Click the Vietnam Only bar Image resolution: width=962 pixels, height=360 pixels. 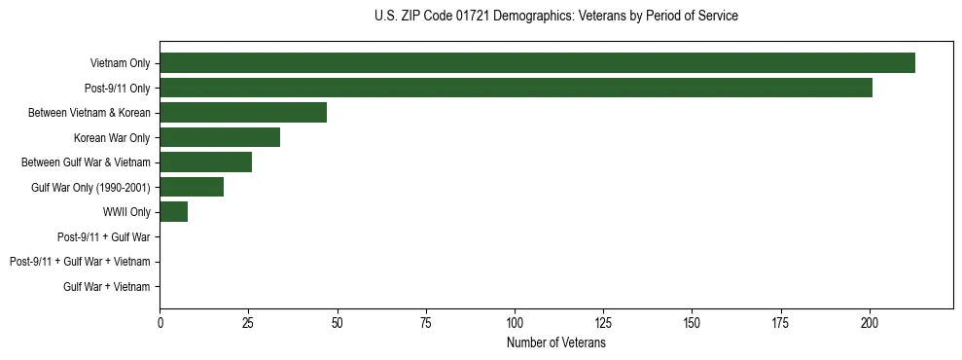537,63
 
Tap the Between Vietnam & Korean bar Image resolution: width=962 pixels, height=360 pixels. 243,113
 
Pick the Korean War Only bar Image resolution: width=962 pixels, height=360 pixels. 220,137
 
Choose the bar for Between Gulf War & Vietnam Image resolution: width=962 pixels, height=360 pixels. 205,162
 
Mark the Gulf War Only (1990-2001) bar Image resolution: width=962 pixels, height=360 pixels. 192,187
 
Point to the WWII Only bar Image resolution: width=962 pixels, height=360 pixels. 173,212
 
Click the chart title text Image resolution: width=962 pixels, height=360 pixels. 555,17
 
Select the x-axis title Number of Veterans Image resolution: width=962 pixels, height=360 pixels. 555,343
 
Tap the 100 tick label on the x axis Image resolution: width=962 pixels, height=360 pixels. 515,322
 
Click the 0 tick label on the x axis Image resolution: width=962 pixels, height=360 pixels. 160,322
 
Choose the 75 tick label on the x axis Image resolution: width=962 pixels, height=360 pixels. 426,322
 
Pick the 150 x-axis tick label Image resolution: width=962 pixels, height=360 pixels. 692,322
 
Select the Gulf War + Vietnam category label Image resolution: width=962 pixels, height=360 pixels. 107,286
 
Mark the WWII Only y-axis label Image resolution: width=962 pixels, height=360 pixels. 126,212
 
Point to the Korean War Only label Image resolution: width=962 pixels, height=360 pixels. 112,137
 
